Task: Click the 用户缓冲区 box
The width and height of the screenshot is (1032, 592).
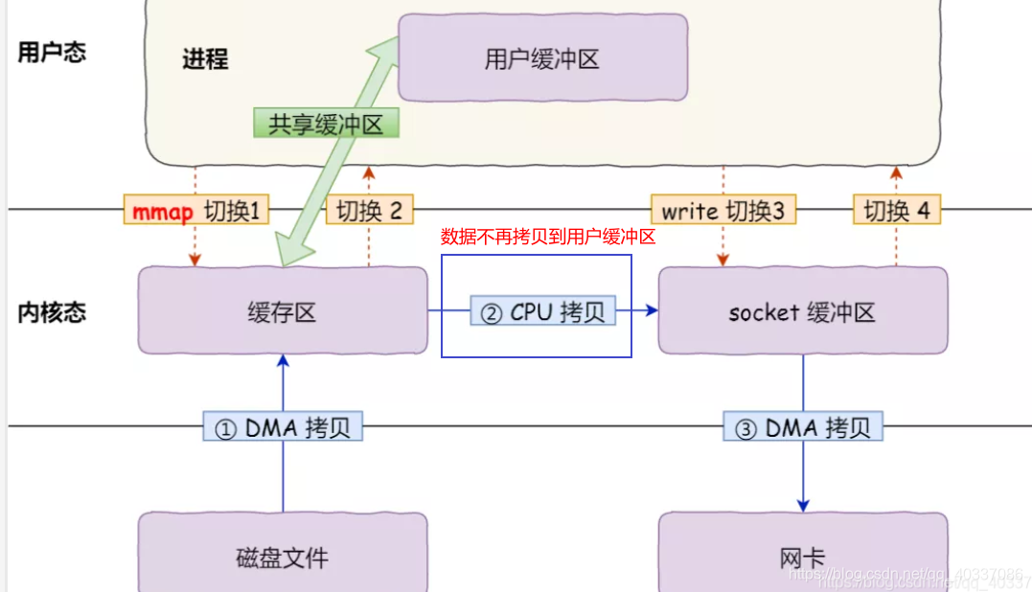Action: pos(542,58)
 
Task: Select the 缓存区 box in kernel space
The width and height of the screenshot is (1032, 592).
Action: pos(283,311)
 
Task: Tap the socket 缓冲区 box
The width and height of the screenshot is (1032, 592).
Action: pos(802,311)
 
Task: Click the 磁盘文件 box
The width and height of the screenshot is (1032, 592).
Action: pos(283,556)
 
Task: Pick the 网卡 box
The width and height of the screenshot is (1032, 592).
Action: pos(802,556)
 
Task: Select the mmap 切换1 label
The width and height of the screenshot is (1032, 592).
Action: pos(196,211)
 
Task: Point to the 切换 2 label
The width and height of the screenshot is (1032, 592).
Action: pos(370,211)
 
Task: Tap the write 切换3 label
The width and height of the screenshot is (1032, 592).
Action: pos(723,211)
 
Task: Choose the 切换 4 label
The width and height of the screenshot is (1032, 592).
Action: pos(897,211)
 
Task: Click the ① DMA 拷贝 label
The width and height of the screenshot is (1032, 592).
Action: pos(283,428)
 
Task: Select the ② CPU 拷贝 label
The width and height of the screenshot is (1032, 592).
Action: pos(543,311)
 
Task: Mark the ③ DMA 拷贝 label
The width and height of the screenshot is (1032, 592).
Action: pos(803,428)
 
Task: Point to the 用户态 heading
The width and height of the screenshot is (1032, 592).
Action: pos(52,52)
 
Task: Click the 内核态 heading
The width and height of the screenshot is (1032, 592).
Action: pos(52,311)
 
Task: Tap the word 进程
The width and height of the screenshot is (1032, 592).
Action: pos(205,58)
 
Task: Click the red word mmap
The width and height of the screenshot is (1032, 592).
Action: pos(162,212)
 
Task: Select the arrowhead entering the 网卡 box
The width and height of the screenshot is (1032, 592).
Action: pos(803,505)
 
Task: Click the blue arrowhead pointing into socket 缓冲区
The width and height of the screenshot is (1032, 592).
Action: pos(652,310)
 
